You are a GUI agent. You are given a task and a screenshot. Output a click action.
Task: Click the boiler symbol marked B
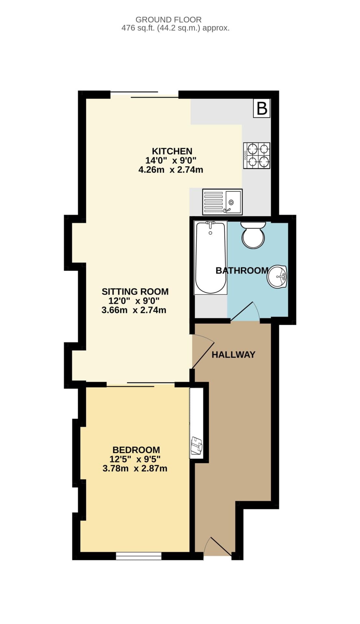coord(262,108)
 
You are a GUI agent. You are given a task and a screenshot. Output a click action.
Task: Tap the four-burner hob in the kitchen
coord(257,155)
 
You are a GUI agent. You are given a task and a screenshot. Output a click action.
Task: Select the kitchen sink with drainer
coord(222,202)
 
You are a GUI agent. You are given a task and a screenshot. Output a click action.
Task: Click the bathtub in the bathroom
coord(210,257)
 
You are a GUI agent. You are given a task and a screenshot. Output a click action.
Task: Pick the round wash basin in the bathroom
coord(277,277)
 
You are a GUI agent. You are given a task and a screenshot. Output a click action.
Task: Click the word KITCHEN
coord(172,151)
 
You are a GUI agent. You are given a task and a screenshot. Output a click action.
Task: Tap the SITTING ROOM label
coord(135,292)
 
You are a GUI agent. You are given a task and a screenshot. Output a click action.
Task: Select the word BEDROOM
coord(136,450)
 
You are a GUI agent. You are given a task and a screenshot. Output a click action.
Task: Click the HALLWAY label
coord(233,355)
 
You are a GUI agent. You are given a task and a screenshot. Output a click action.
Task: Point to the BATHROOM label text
coord(242,270)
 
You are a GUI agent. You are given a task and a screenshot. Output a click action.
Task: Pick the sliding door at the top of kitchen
coord(145,95)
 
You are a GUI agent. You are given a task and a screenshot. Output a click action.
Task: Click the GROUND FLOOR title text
coord(168,20)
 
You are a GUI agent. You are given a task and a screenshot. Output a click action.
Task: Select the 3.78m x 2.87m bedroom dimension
coord(135,468)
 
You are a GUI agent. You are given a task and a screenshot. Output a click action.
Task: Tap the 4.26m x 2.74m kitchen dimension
coord(171,169)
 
